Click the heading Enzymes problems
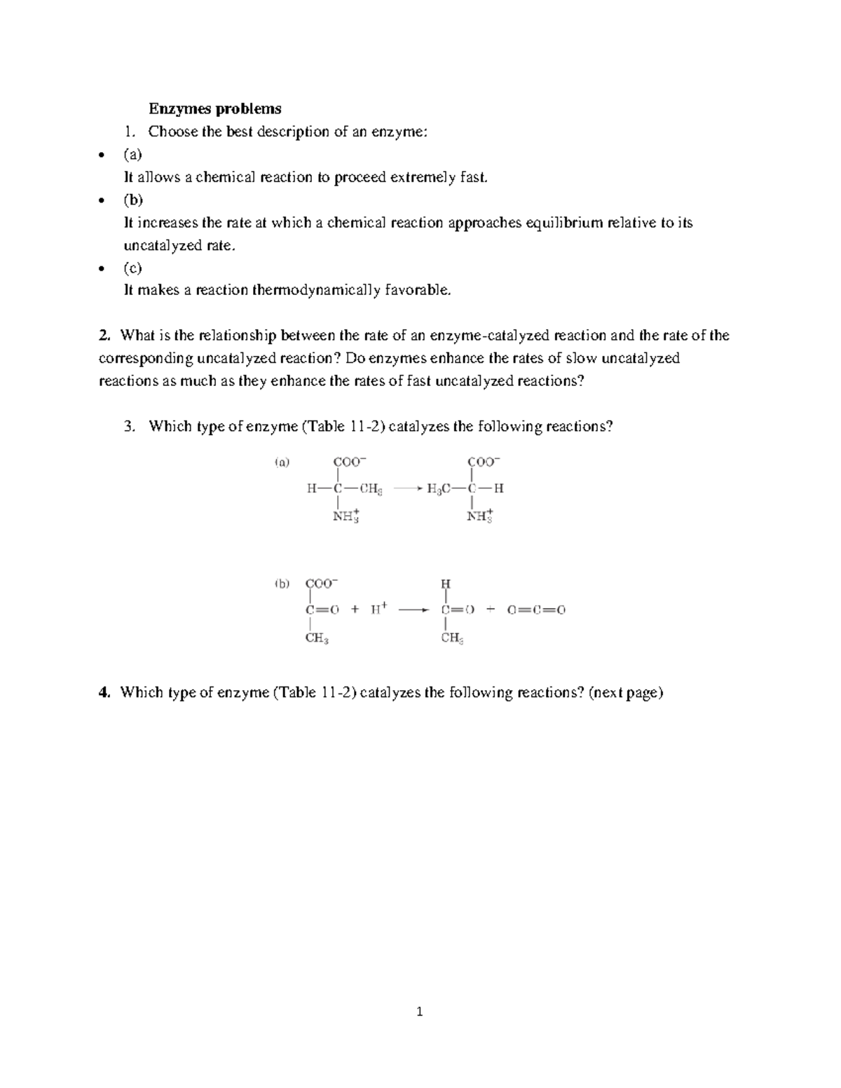(214, 109)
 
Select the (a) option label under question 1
(132, 154)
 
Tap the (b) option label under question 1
(133, 200)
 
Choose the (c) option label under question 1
(132, 268)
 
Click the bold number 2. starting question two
(105, 336)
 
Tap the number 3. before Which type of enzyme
(129, 427)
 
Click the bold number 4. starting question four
(105, 693)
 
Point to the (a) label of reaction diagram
(281, 462)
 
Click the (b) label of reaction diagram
(282, 584)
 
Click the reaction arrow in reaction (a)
(408, 489)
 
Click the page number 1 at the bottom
(420, 1012)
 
